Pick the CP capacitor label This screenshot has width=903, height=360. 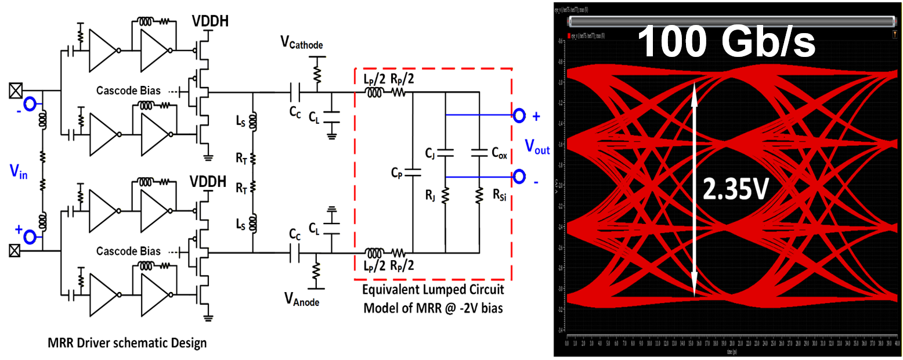point(399,173)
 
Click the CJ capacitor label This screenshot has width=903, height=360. point(430,154)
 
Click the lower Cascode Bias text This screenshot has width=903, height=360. point(129,251)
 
